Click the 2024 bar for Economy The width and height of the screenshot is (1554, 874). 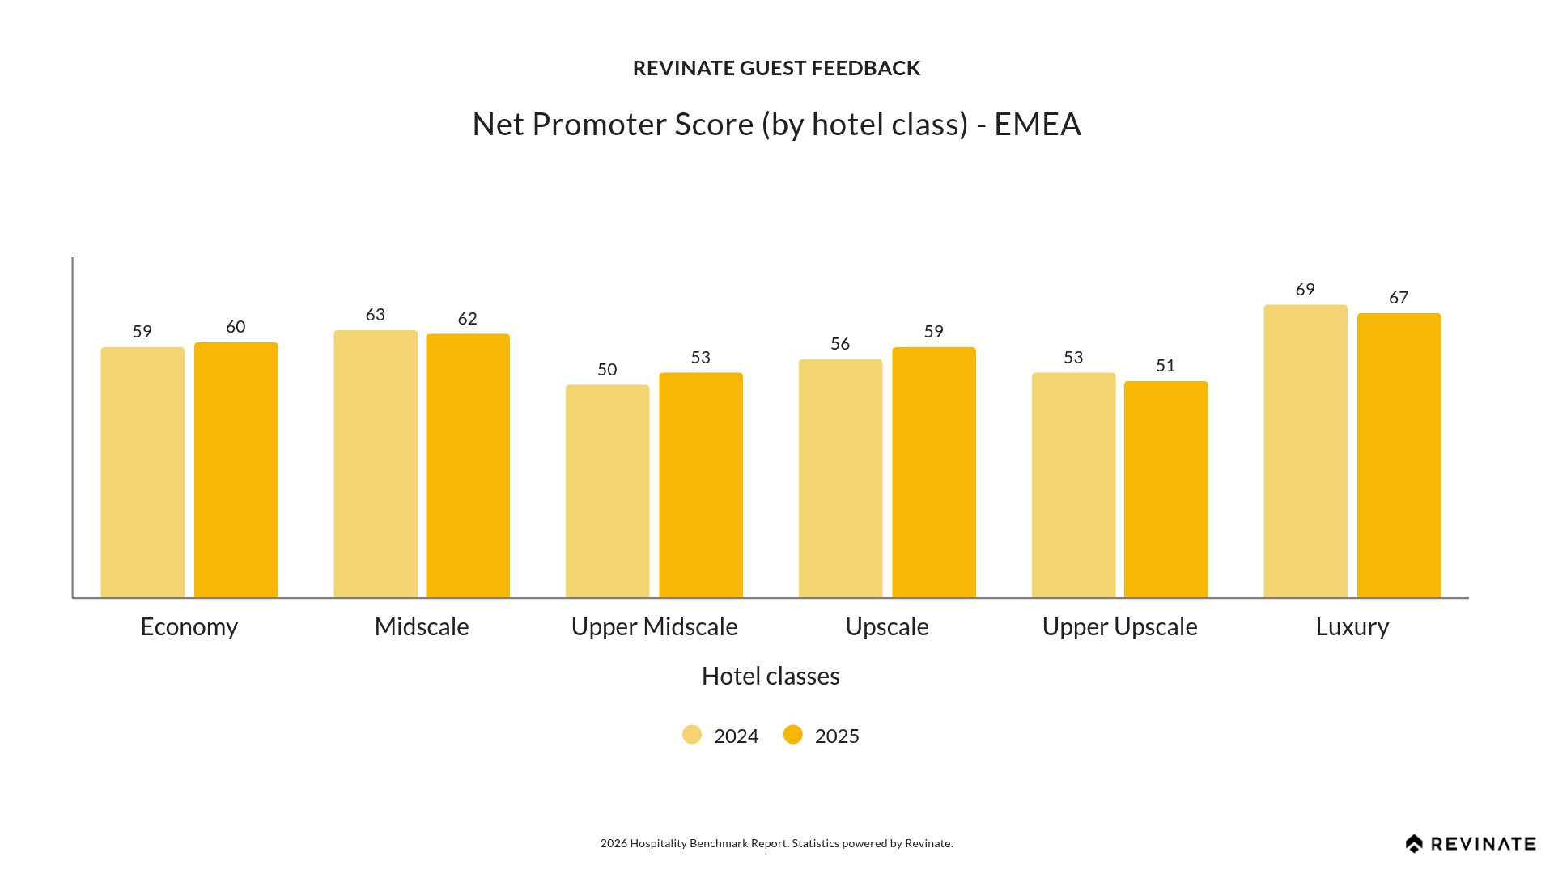142,473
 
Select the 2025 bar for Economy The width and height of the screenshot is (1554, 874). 236,470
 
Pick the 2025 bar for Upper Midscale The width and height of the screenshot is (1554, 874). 701,486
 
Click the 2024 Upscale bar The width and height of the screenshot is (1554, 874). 840,478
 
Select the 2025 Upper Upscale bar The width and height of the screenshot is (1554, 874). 1165,490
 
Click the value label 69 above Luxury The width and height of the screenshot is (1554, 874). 1306,290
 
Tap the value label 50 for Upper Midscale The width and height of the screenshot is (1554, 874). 607,370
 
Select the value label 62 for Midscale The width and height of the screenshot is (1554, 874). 468,319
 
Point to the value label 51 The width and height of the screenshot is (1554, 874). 1165,366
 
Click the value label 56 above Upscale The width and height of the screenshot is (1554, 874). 840,344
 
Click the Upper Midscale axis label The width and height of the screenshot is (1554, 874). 654,627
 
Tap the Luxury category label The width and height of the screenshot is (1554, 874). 1352,627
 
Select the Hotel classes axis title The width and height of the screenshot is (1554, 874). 771,677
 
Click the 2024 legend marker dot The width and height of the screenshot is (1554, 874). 692,735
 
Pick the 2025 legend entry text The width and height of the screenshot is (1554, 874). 837,736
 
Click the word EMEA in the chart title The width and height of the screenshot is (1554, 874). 1038,125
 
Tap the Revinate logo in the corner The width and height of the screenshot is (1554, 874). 1471,844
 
